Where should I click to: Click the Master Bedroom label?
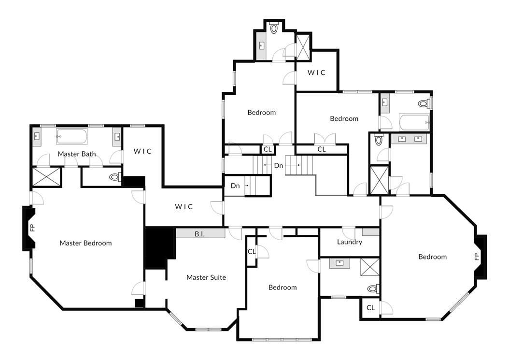coord(85,243)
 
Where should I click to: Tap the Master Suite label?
coord(206,277)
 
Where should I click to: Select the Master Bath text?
coord(77,154)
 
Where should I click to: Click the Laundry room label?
coord(350,242)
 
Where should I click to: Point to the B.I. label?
coord(200,234)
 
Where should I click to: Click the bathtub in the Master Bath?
coord(72,136)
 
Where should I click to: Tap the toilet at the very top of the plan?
coord(274,28)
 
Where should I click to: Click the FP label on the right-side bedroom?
coord(477,256)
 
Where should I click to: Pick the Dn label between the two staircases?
coord(279,165)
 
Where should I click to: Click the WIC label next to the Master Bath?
coord(143,151)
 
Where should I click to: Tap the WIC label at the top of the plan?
coord(317,72)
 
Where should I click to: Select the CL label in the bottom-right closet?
coord(370,308)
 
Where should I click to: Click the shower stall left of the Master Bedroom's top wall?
coord(46,177)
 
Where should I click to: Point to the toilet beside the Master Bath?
coord(115,177)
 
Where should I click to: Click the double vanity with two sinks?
coord(409,140)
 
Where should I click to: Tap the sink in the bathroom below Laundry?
coord(340,263)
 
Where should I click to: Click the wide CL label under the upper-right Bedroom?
coord(322,149)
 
